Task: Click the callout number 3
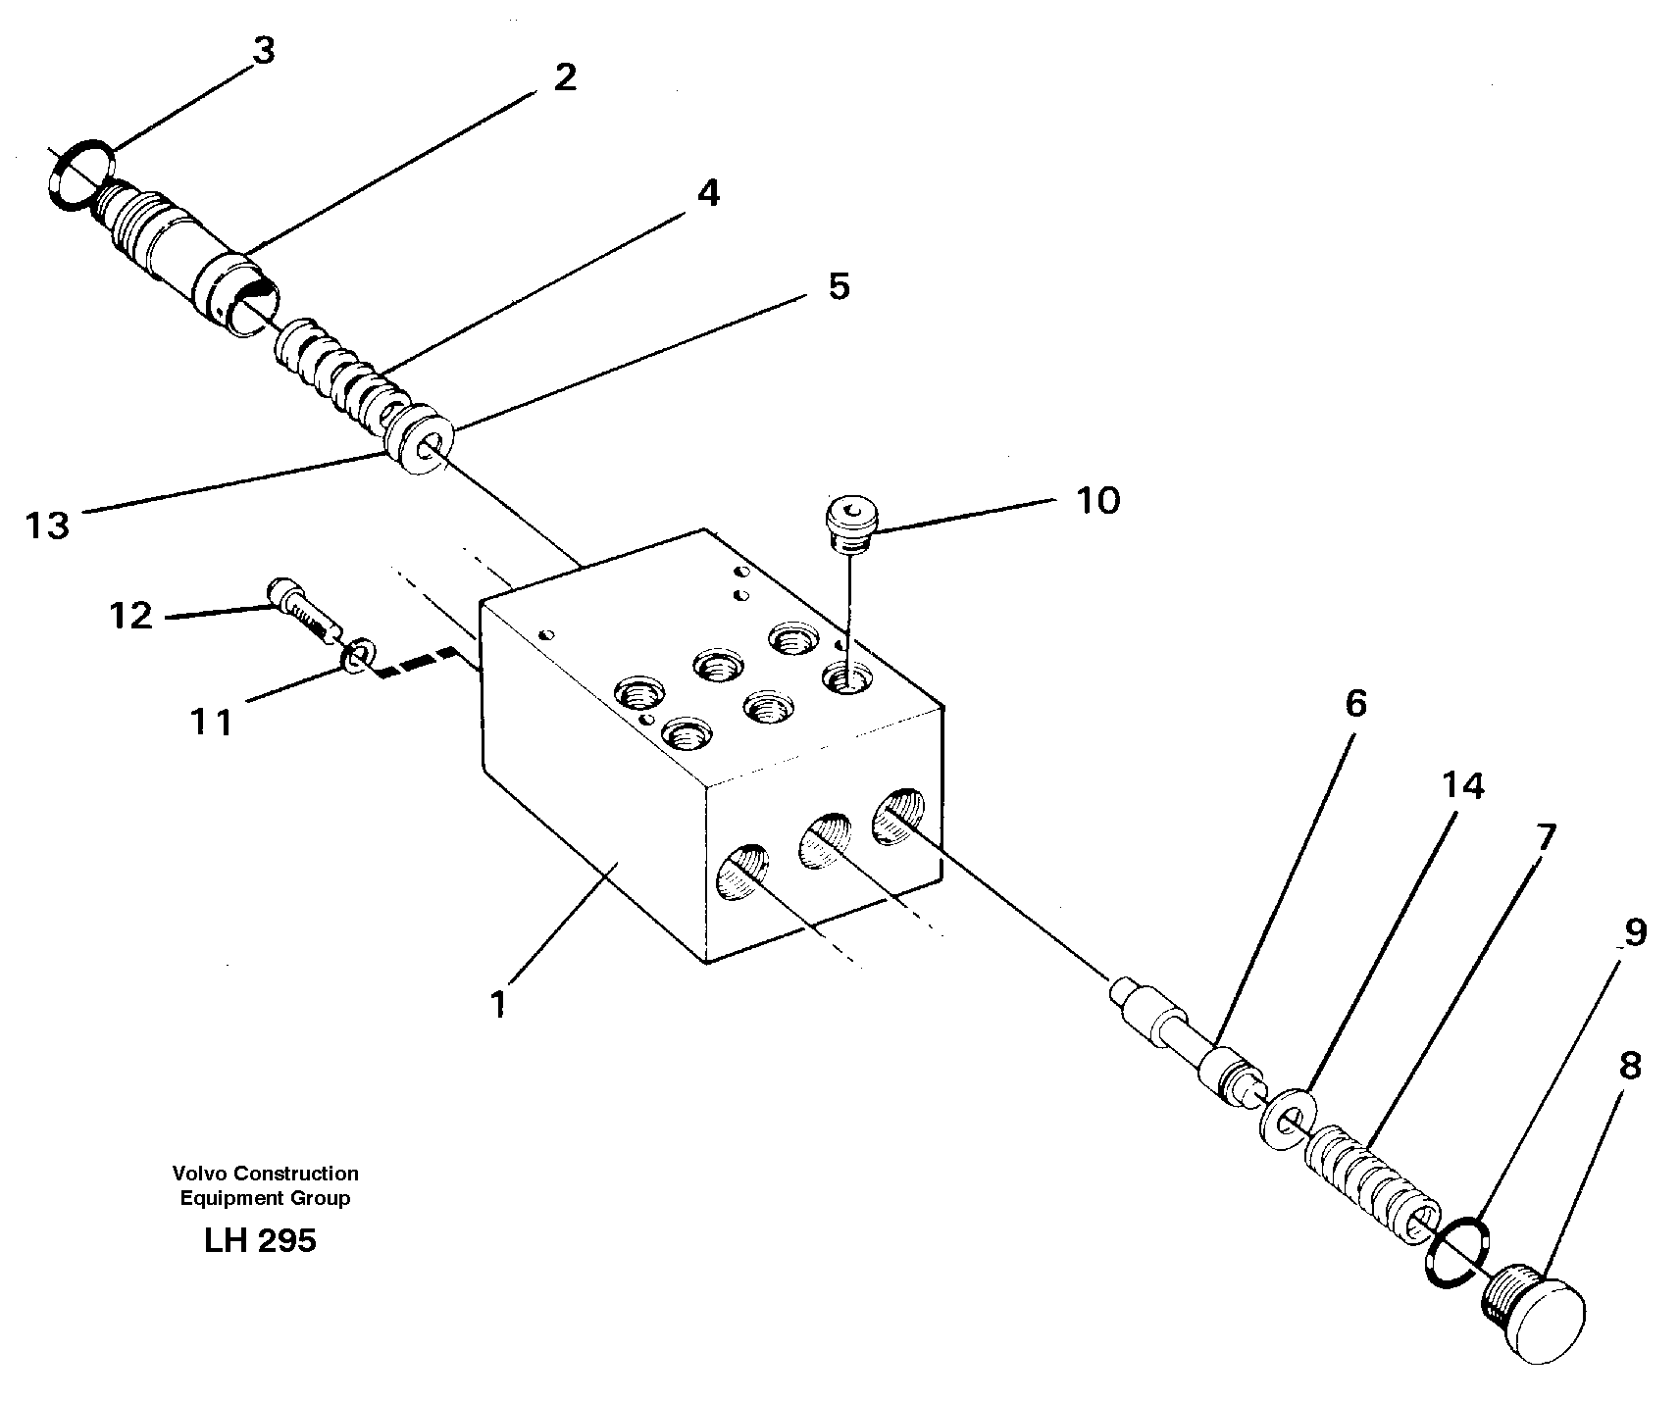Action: pos(263,52)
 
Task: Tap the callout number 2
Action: pos(564,77)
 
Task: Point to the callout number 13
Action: pos(48,525)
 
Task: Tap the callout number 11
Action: pos(212,723)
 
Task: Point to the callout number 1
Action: pos(498,1005)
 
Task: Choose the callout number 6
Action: pos(1354,703)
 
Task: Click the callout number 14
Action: pos(1461,785)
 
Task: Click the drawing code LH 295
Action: pos(260,1241)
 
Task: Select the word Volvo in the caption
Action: pos(193,1174)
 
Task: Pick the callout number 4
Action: pos(708,193)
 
